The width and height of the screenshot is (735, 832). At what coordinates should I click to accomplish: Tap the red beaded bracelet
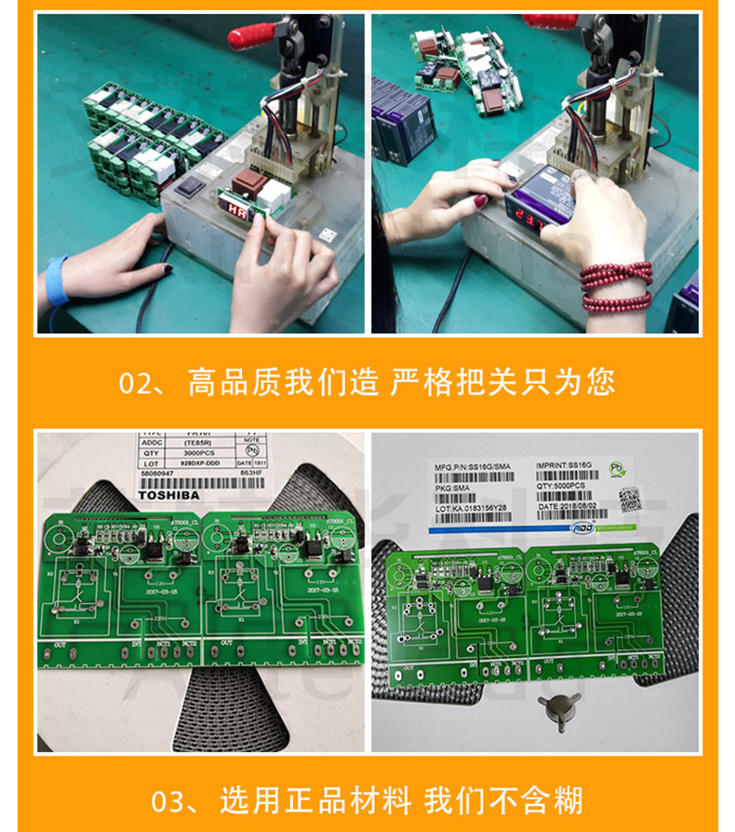pyautogui.click(x=616, y=287)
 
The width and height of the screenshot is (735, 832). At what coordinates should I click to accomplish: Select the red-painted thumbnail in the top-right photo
pyautogui.click(x=481, y=200)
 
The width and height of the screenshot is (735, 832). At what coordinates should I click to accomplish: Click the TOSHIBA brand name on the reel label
pyautogui.click(x=168, y=495)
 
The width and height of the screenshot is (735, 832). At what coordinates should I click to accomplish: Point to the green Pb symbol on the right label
pyautogui.click(x=615, y=469)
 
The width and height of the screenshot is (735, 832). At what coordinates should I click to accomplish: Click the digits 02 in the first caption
pyautogui.click(x=140, y=382)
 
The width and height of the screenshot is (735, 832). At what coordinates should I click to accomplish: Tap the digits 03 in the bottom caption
pyautogui.click(x=171, y=800)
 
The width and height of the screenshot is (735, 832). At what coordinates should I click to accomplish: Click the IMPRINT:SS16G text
pyautogui.click(x=564, y=464)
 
